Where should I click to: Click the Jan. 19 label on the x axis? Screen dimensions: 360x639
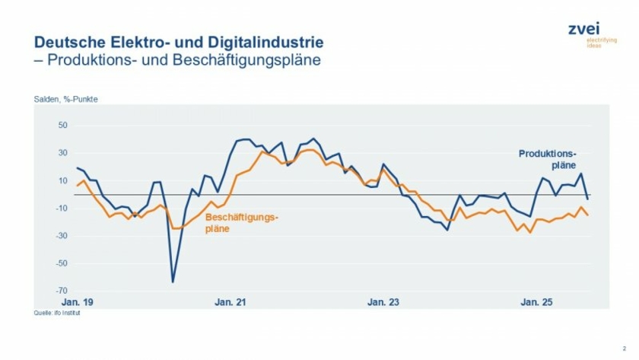point(77,302)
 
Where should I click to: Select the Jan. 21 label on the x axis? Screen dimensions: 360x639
point(230,302)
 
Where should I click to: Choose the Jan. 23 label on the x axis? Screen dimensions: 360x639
point(383,302)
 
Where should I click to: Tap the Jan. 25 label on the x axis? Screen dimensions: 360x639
point(536,302)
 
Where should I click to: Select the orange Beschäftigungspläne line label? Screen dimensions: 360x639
point(242,222)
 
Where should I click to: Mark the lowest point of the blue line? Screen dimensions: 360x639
point(173,282)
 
